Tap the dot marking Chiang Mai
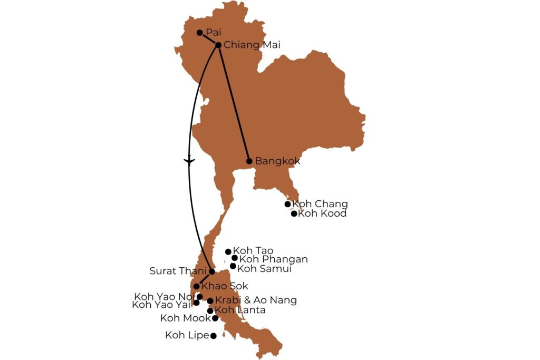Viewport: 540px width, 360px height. (218, 45)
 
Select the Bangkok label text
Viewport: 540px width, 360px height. (277, 161)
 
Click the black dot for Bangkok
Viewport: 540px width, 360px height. (249, 161)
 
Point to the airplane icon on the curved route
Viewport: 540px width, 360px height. (189, 160)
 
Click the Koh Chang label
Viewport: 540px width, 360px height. (320, 204)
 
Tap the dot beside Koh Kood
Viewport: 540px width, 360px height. (294, 213)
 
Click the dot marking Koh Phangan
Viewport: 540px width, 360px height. (235, 258)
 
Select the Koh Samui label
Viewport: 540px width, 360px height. (264, 269)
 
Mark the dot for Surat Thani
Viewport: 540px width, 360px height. (212, 272)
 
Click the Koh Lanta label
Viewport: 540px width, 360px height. (240, 310)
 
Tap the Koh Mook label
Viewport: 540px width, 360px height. (185, 318)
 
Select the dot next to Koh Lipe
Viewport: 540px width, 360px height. (214, 336)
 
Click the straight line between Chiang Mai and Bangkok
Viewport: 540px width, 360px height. (234, 103)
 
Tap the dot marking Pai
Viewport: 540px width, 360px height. (200, 33)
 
